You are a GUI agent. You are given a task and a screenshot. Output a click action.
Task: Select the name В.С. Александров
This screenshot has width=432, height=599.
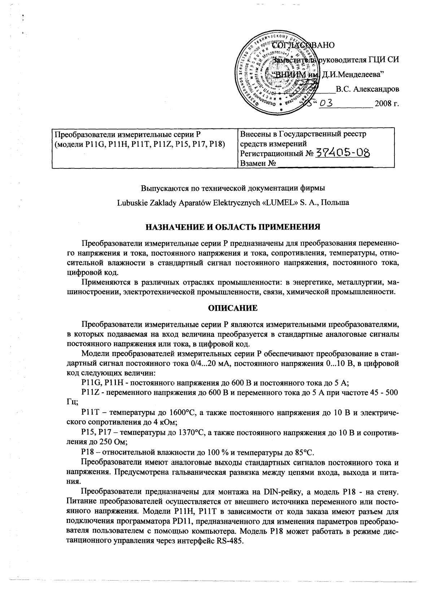pyautogui.click(x=367, y=89)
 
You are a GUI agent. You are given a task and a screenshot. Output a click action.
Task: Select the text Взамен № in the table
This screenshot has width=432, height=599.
pyautogui.click(x=258, y=163)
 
